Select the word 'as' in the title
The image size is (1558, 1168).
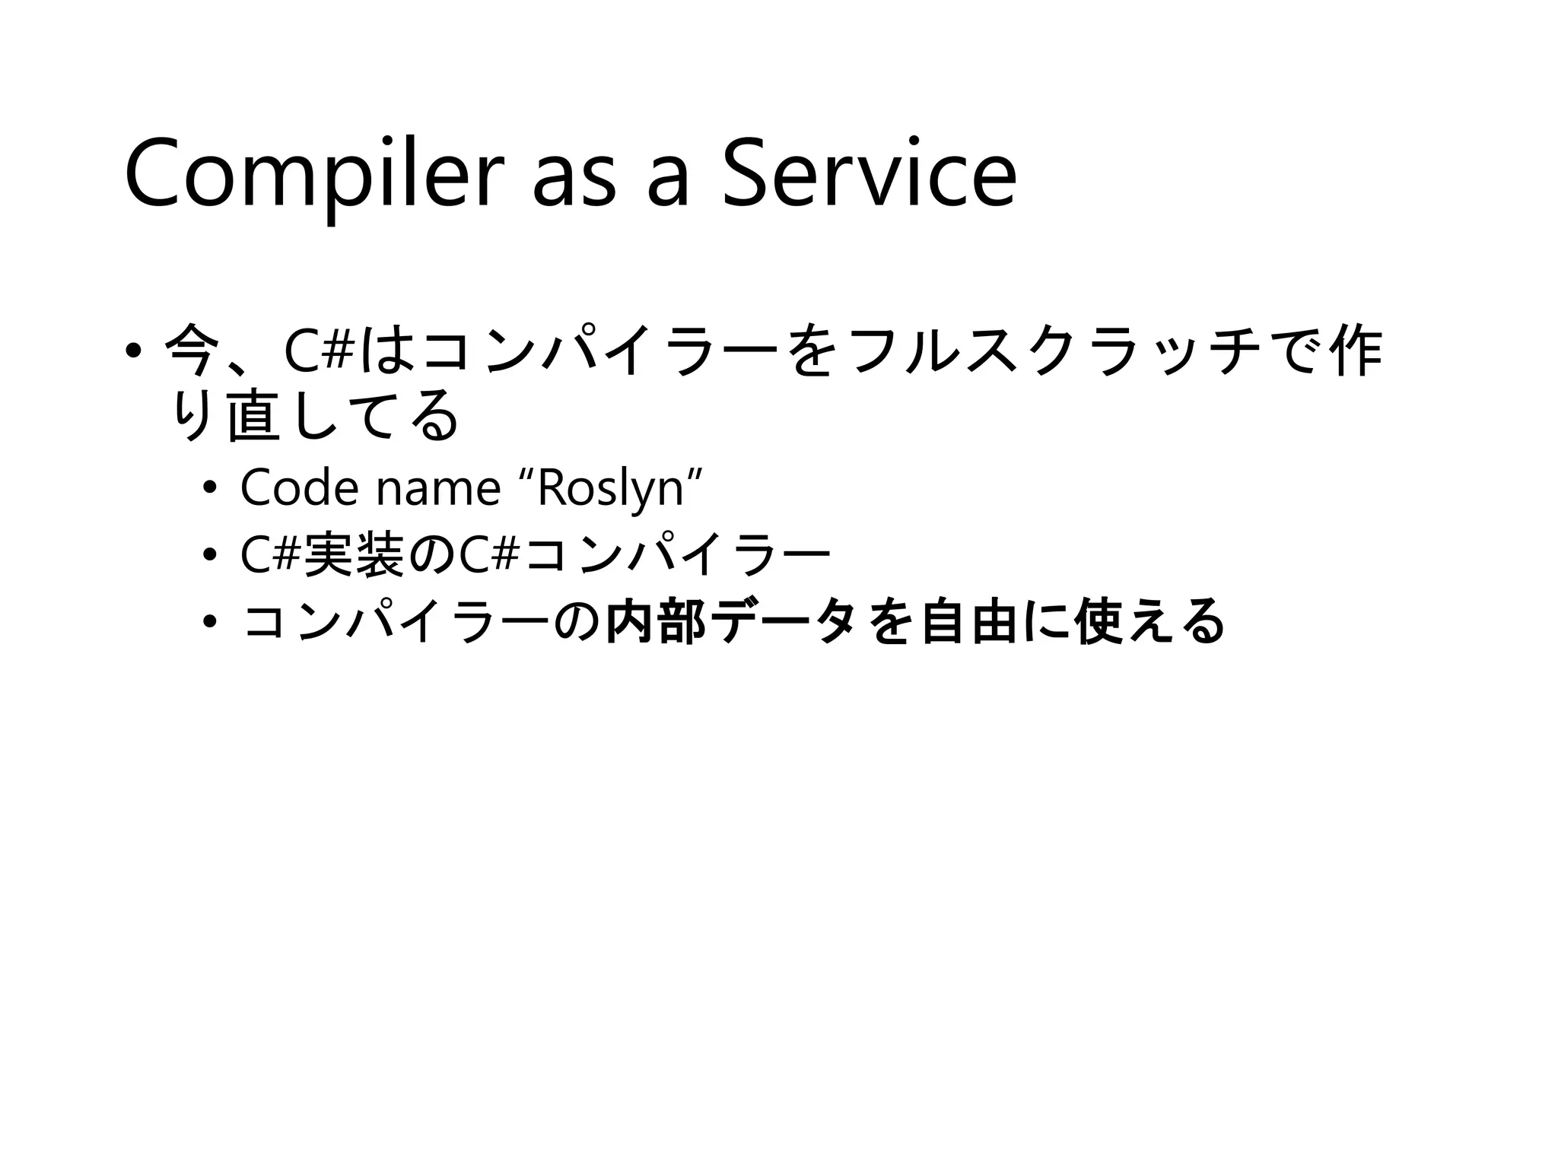(x=574, y=182)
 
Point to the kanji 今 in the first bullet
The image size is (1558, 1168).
(x=189, y=351)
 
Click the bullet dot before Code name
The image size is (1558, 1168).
(x=210, y=488)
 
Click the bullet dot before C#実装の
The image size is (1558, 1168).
(x=210, y=555)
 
